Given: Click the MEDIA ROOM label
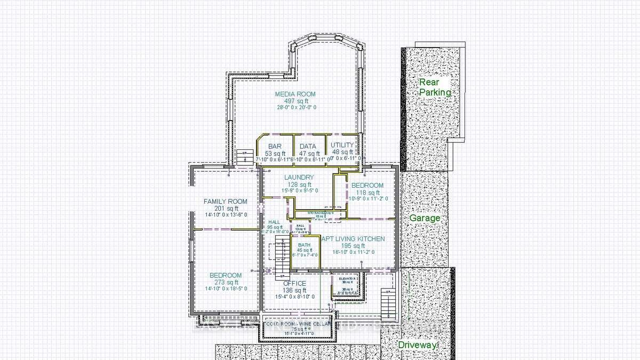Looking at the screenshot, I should pos(295,94).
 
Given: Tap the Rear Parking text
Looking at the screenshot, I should pos(435,87).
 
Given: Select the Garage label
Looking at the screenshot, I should pos(425,218).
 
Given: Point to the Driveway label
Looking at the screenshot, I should pos(418,345).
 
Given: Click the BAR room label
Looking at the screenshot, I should pos(275,146).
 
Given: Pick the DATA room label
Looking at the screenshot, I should pos(308,146).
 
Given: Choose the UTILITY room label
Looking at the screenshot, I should pos(342,145).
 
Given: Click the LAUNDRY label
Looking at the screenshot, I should pos(299,177).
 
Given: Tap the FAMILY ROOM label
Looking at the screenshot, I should pos(226,201).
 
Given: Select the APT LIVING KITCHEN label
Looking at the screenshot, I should pos(353,239).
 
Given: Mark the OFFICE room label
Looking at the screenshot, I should pos(294,283).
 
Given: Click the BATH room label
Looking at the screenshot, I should pos(305,245).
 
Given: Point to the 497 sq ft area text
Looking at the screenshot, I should pos(296,101).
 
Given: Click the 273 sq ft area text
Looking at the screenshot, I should pos(226,282).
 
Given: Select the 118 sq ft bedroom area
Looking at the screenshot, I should pos(367,192).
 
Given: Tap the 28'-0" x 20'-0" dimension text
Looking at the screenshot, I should pos(296,107).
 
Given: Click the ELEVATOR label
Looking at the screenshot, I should pos(347,278).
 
